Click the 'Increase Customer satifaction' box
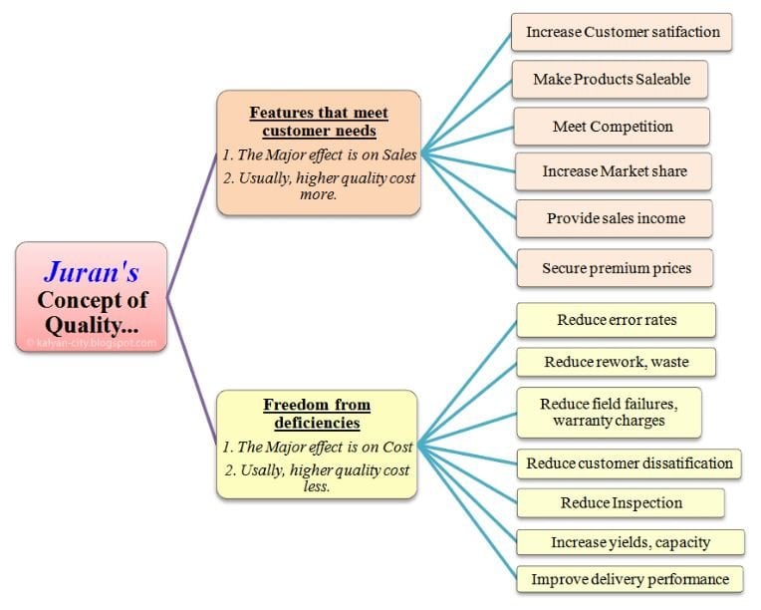coord(623,32)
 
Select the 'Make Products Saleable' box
coord(612,79)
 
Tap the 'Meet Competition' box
coord(612,127)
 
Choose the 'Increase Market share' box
coord(614,171)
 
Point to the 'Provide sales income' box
coord(615,218)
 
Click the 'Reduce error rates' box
coord(616,320)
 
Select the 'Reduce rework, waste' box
coord(616,362)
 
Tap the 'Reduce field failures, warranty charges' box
coord(609,413)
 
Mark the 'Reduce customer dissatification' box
coord(629,462)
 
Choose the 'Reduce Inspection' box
coord(621,503)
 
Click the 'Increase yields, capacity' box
coord(630,542)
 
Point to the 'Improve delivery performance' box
coord(630,579)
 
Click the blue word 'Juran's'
coord(91,272)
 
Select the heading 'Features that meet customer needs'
coord(319,122)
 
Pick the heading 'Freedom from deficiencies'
coord(316,413)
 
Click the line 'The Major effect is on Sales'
coord(320,154)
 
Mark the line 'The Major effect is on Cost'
coord(318,447)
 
